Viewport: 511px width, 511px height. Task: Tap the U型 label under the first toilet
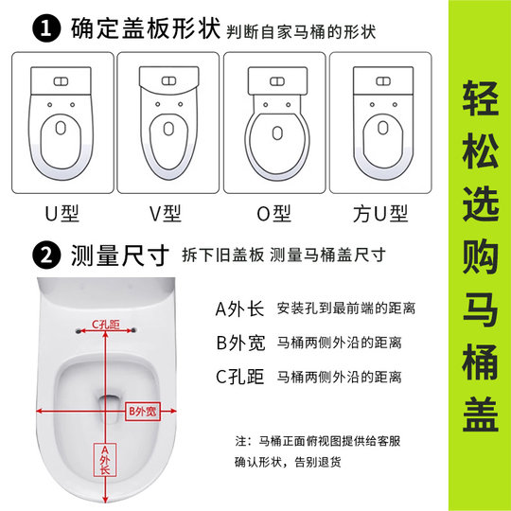(62, 215)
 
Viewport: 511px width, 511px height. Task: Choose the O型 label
(273, 215)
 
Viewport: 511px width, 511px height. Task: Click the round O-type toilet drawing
(273, 121)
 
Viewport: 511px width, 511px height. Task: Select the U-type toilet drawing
(62, 121)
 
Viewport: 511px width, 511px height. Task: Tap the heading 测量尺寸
(120, 256)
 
